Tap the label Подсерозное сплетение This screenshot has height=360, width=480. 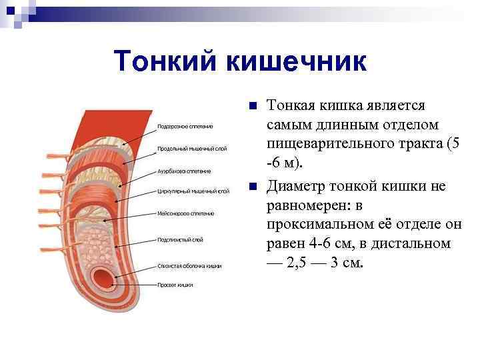pos(185,126)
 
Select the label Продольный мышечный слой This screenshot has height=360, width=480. pos(191,148)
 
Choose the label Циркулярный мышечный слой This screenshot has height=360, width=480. pos(193,191)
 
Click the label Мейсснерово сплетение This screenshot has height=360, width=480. pos(185,213)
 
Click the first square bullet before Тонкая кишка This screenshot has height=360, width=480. pos(251,107)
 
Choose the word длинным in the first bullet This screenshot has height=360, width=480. pos(344,125)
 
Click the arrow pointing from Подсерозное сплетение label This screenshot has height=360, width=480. pos(137,136)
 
